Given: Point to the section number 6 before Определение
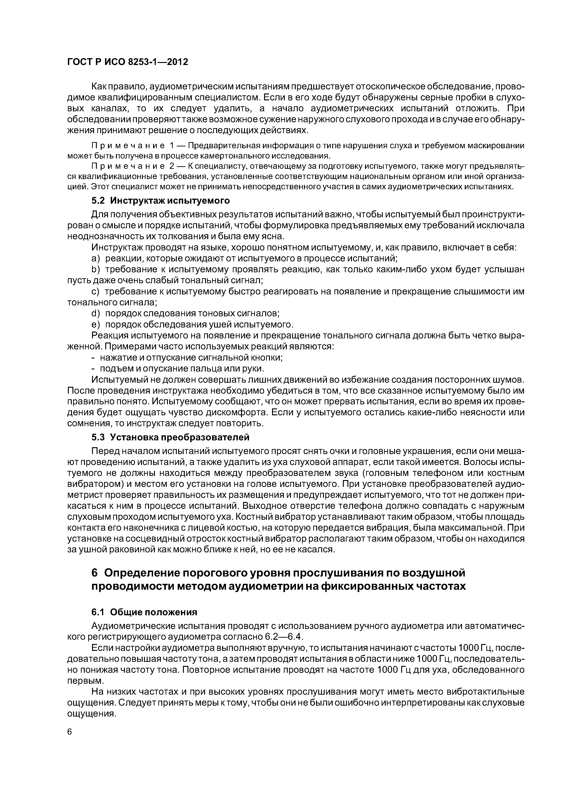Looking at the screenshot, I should tap(94, 572).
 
